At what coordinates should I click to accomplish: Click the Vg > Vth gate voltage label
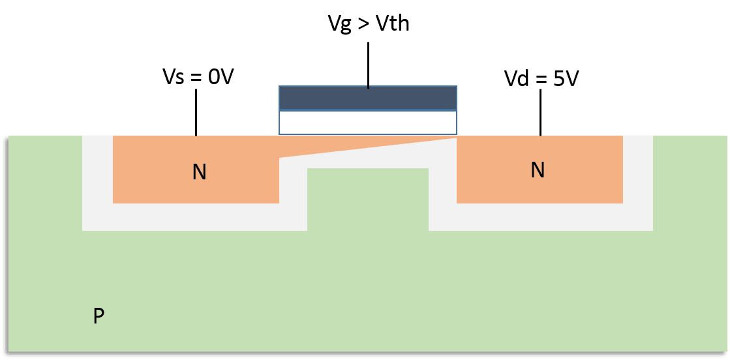coord(368,24)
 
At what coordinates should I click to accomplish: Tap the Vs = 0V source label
coord(197,77)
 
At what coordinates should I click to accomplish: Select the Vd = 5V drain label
coord(541,78)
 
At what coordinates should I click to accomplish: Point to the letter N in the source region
coord(199,172)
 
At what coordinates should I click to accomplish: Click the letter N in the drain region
coord(538,170)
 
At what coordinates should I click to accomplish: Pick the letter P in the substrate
coord(99,316)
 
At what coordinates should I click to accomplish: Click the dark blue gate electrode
coord(368,98)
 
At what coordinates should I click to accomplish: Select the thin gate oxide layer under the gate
coord(368,123)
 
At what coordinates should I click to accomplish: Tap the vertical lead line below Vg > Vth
coord(369,65)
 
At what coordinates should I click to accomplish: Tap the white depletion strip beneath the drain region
coord(540,217)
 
